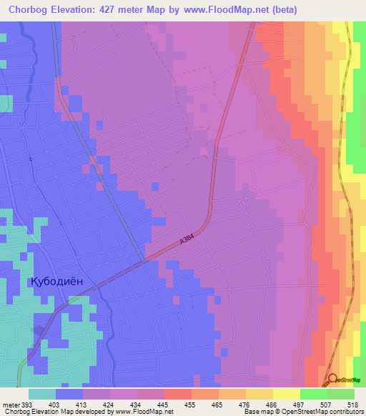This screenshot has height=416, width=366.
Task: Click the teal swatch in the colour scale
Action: tap(42, 394)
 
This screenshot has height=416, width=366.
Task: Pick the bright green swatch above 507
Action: tap(314, 394)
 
